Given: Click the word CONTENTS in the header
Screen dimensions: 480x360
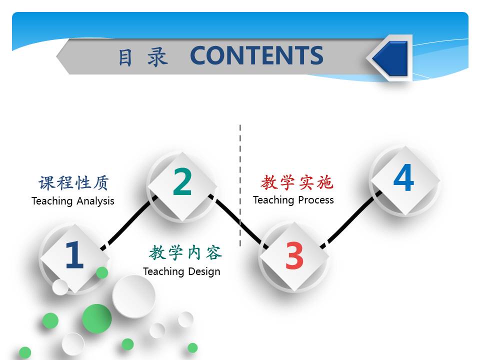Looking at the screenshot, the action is (x=256, y=55).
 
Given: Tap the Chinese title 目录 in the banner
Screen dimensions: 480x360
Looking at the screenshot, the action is (x=143, y=57).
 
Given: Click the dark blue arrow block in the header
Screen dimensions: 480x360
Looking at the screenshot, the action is (x=391, y=58).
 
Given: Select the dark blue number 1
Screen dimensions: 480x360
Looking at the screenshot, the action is (x=74, y=254).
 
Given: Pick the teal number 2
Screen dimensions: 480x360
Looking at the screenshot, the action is (x=182, y=181).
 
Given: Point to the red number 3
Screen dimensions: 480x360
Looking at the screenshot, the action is (x=294, y=255).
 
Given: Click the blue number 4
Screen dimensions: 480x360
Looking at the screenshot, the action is (x=404, y=177).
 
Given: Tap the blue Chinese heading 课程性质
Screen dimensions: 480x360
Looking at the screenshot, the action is (x=73, y=183).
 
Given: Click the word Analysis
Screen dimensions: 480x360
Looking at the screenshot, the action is (x=95, y=201).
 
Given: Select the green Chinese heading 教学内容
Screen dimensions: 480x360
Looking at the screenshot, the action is (x=185, y=253).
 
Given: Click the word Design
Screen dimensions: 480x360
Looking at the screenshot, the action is (x=204, y=271).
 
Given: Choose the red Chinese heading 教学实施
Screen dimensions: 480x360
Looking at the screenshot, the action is (x=296, y=182).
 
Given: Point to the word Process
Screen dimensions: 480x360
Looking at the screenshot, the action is (x=316, y=200).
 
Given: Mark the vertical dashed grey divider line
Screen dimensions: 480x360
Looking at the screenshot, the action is (x=240, y=185).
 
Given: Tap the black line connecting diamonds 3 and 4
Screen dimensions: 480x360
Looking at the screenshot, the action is (x=351, y=219).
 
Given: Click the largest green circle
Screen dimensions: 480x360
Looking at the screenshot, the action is (x=96, y=318).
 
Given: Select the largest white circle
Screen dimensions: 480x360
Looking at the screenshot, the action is (x=134, y=296).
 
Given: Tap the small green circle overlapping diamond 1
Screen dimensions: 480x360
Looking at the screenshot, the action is (x=102, y=272).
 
